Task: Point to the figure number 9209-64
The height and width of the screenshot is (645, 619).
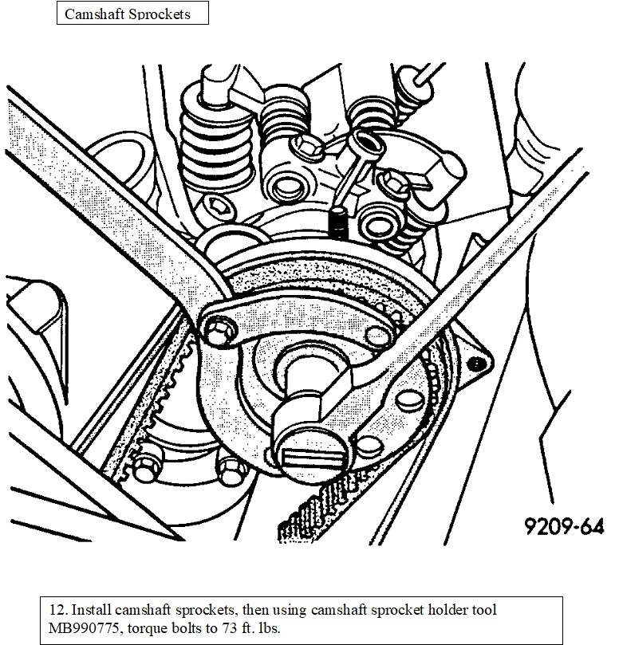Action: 563,527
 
